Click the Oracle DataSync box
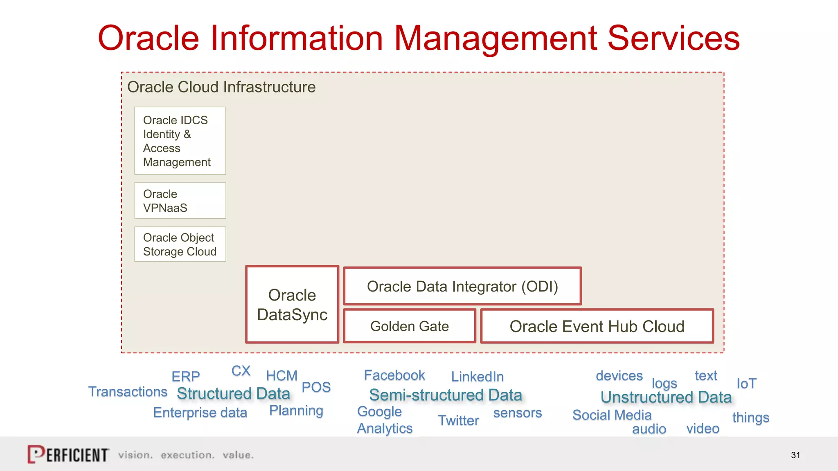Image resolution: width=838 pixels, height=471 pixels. click(x=292, y=305)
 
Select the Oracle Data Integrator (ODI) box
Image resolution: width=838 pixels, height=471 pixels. click(x=462, y=286)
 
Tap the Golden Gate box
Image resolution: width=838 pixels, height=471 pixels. click(x=409, y=326)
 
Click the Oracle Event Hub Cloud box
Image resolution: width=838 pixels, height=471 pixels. click(x=597, y=326)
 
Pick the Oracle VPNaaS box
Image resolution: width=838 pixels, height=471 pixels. click(x=180, y=201)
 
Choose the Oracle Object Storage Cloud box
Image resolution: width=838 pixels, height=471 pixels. click(x=180, y=244)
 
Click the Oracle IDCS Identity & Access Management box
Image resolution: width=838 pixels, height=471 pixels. click(x=180, y=141)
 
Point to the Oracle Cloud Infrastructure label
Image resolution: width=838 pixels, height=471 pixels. click(x=221, y=87)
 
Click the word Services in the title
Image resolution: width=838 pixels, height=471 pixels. click(x=674, y=38)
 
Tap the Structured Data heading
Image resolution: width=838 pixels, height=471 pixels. click(x=233, y=394)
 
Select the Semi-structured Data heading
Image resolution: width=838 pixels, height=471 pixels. click(x=446, y=395)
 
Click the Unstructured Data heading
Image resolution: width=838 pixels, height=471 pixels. click(x=666, y=397)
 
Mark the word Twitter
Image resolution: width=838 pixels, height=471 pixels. click(x=458, y=420)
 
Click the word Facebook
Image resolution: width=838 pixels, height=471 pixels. click(x=394, y=375)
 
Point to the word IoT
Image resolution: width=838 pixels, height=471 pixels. click(x=746, y=384)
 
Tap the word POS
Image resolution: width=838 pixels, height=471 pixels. click(x=316, y=387)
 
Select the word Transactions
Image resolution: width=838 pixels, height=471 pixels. click(x=128, y=392)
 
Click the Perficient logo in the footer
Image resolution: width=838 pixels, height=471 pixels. click(x=68, y=454)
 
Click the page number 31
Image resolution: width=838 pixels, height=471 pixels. click(x=795, y=455)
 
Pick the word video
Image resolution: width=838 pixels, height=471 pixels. click(x=703, y=428)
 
